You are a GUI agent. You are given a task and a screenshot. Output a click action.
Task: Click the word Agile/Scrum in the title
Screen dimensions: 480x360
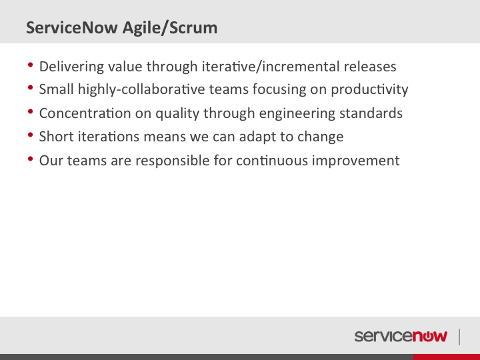[170, 28]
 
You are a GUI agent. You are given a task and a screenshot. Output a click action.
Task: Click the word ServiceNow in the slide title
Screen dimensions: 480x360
[72, 27]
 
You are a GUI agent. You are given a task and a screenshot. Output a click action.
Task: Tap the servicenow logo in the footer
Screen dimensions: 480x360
[401, 336]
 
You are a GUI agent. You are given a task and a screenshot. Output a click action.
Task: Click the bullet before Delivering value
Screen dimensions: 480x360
[30, 65]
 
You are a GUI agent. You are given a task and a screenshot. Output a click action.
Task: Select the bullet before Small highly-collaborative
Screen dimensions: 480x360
[30, 88]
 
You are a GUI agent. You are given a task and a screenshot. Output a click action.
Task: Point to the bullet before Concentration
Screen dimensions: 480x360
[30, 111]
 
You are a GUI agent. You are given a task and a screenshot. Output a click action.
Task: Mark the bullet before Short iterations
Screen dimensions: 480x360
[30, 135]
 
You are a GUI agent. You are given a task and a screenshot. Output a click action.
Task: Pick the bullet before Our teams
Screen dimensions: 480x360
[30, 159]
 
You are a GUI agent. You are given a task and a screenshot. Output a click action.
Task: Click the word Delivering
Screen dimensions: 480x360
[71, 67]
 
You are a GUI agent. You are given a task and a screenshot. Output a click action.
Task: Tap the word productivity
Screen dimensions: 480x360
[369, 90]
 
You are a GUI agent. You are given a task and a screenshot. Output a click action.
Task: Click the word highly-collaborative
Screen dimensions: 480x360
[141, 90]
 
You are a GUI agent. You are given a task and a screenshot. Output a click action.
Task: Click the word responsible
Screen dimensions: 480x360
[173, 161]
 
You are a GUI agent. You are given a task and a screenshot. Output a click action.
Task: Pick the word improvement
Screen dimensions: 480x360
[356, 161]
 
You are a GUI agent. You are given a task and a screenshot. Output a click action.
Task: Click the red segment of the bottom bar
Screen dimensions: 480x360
[447, 357]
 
